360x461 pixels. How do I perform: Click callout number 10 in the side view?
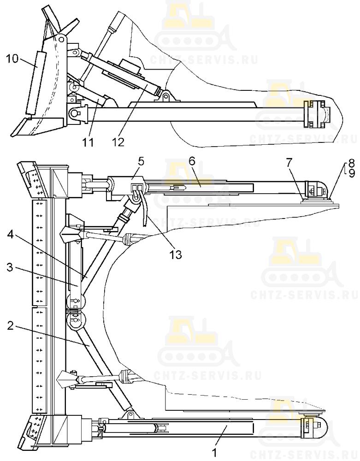pyautogui.click(x=12, y=59)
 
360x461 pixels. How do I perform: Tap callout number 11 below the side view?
pyautogui.click(x=88, y=142)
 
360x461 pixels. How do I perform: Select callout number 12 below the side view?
pyautogui.click(x=118, y=142)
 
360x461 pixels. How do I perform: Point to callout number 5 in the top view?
pyautogui.click(x=141, y=162)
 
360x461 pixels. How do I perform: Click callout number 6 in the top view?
pyautogui.click(x=192, y=162)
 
